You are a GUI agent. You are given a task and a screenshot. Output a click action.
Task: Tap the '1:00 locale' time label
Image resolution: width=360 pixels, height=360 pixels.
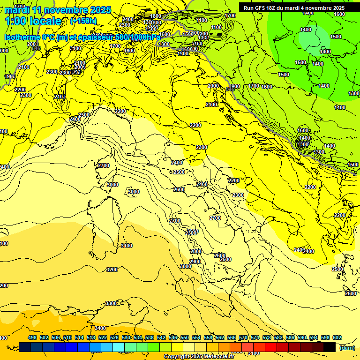point(33,21)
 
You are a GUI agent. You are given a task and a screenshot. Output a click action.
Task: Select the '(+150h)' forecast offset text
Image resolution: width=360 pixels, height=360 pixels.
point(83,21)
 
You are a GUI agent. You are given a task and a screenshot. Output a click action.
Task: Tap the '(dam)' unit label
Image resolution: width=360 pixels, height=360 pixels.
point(347,347)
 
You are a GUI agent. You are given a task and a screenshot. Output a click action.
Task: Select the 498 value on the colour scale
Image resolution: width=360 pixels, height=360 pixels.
point(32,337)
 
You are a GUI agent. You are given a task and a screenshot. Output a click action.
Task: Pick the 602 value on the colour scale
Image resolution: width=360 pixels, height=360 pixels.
point(337,337)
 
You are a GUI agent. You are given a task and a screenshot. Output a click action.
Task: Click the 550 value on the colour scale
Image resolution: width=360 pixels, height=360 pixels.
point(185,337)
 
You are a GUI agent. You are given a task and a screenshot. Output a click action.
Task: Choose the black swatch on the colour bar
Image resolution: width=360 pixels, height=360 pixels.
point(330,347)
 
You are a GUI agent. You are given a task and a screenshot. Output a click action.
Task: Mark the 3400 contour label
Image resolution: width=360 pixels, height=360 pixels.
point(100,328)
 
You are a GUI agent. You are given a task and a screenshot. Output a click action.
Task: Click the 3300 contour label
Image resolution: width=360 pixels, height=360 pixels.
point(111,303)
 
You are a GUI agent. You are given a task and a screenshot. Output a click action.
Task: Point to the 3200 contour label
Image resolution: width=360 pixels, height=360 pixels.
point(112,270)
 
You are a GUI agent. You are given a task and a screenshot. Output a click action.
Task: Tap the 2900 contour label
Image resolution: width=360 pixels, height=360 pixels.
point(195,262)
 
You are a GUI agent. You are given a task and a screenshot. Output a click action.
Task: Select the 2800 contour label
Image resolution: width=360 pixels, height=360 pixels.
point(196,251)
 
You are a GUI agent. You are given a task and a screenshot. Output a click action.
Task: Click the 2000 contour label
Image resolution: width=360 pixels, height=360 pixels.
point(213,86)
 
